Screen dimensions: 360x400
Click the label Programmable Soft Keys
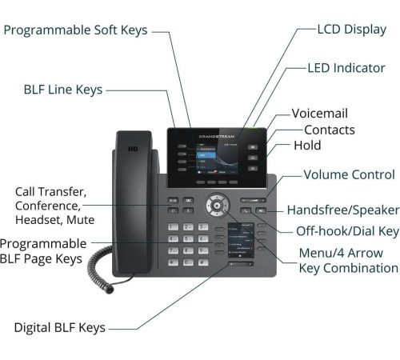tap(75, 30)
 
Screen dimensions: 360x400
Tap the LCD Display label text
tap(352, 30)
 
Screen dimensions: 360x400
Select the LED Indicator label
tap(346, 68)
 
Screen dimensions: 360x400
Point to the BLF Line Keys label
tap(63, 90)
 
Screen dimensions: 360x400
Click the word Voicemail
tap(319, 114)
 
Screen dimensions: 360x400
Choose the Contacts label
tap(329, 130)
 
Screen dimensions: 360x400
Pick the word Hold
tap(307, 146)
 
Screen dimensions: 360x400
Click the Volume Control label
tap(349, 174)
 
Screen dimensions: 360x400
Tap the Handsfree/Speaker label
tap(342, 210)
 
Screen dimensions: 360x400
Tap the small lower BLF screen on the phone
tap(240, 242)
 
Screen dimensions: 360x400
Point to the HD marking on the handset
tap(134, 150)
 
